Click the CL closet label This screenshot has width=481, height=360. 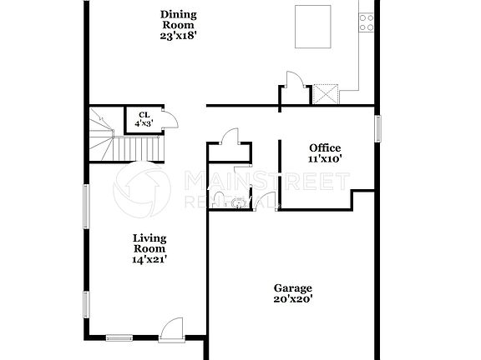click(x=144, y=115)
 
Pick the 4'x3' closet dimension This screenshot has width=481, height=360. click(x=144, y=124)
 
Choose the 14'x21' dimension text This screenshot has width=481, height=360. click(x=149, y=259)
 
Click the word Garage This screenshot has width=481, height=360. click(x=293, y=287)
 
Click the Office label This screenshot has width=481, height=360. click(x=325, y=147)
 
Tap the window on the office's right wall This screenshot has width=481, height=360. click(x=377, y=128)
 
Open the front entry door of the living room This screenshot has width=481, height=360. click(x=171, y=329)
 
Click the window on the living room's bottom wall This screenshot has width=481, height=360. click(x=119, y=337)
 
